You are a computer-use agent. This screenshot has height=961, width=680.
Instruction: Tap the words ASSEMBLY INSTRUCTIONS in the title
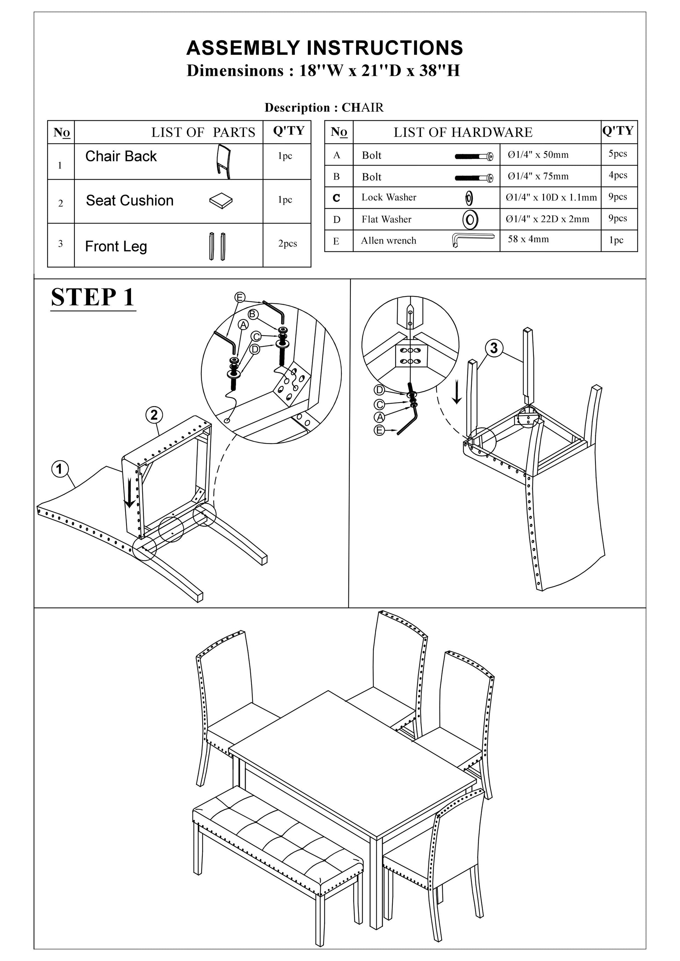[x=325, y=48]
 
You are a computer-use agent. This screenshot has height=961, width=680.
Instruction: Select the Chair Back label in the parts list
[x=121, y=156]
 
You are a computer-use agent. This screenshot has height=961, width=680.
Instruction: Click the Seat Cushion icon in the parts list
[x=220, y=201]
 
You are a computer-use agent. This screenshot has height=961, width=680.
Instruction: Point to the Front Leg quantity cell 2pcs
[x=288, y=244]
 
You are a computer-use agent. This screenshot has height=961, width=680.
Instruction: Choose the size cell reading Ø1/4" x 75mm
[x=538, y=176]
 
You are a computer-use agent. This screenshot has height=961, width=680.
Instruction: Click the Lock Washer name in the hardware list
[x=389, y=197]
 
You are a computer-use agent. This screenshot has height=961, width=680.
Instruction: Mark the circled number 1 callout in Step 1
[x=59, y=469]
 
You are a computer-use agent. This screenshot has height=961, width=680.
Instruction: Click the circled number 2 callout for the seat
[x=154, y=415]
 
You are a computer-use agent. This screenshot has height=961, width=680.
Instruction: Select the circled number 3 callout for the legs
[x=494, y=348]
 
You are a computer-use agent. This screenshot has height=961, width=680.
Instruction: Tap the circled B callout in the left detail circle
[x=253, y=314]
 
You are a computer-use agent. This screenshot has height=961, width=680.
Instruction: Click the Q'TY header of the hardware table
[x=618, y=131]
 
